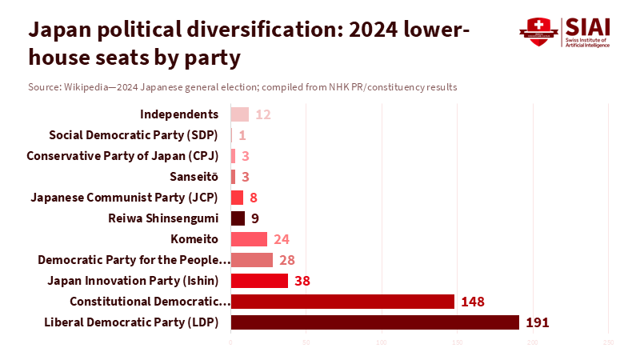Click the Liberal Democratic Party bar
click(374, 322)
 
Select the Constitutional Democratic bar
click(342, 302)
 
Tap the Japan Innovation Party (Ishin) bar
click(259, 281)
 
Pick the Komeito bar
click(249, 239)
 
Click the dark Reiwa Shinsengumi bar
click(238, 218)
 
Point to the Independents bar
click(239, 114)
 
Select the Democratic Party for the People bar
click(251, 260)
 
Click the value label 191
click(539, 322)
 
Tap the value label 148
click(472, 302)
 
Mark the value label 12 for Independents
click(263, 114)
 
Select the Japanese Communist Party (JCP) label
click(128, 197)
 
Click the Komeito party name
click(194, 239)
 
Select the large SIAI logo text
click(586, 26)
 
